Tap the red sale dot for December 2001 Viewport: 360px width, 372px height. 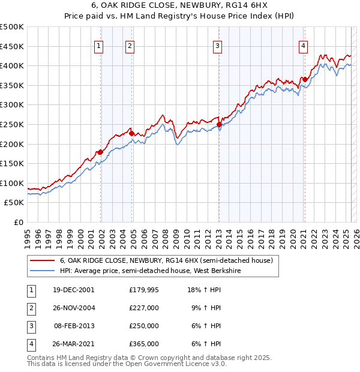100,152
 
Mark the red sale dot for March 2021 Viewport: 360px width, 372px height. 305,79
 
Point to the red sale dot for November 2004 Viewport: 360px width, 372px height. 131,133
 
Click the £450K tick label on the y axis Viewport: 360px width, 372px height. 12,46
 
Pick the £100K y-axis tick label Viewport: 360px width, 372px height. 12,184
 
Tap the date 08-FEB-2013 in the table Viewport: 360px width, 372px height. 73,326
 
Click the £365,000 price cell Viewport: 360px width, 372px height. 144,344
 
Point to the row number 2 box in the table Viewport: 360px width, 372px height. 31,308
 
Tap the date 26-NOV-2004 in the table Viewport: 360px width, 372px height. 73,308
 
